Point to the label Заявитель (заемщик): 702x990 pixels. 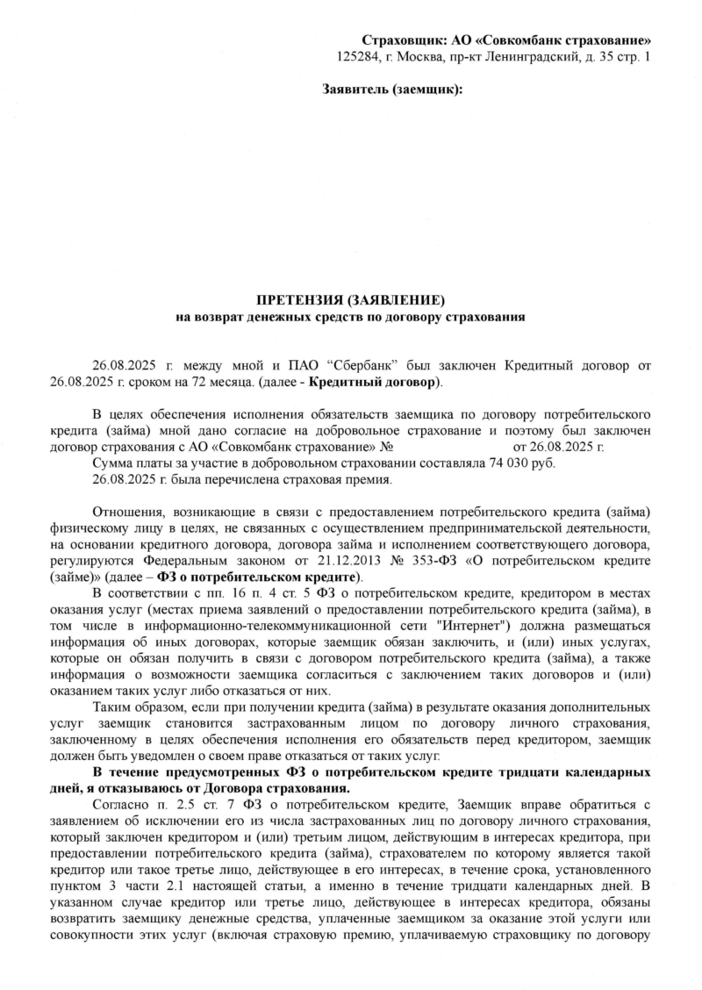click(x=392, y=90)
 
